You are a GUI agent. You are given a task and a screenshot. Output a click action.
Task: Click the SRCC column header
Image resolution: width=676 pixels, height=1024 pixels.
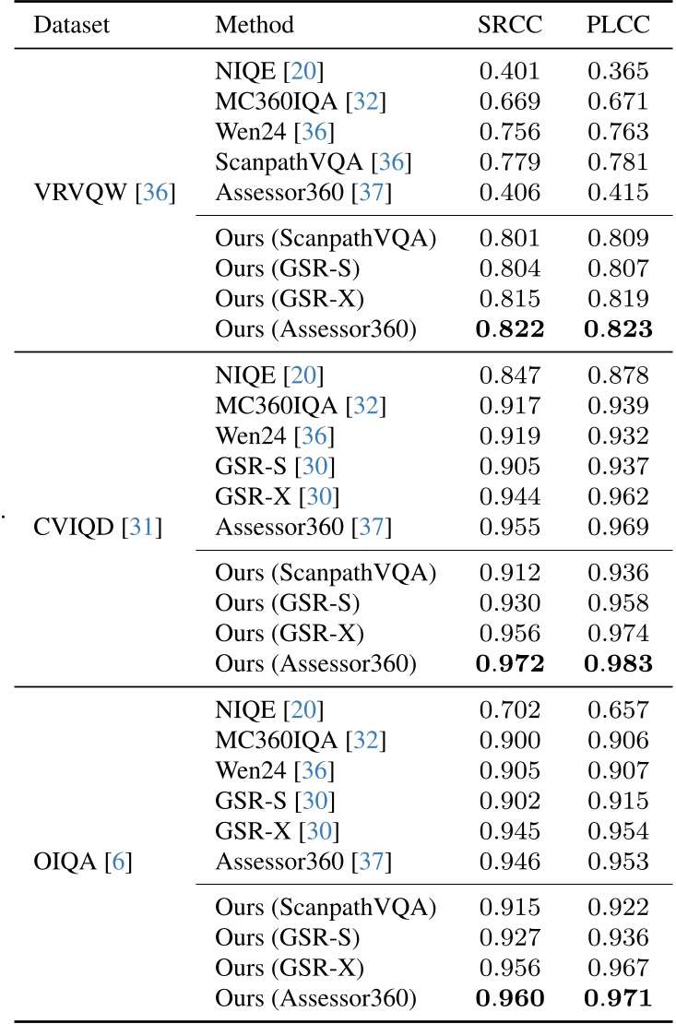(x=510, y=25)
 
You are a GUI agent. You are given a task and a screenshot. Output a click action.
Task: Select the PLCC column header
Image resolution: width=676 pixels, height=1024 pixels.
(x=618, y=25)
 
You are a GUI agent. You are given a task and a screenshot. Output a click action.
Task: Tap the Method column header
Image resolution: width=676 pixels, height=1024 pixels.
(x=255, y=25)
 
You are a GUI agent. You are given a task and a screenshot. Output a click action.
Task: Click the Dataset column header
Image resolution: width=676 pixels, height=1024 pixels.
(x=71, y=25)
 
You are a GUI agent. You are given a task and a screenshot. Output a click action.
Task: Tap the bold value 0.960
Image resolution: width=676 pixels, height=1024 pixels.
(x=510, y=996)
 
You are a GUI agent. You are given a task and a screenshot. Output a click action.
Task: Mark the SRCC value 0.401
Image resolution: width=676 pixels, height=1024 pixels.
(x=510, y=69)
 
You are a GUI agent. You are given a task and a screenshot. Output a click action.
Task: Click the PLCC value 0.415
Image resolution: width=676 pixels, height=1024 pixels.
(x=618, y=194)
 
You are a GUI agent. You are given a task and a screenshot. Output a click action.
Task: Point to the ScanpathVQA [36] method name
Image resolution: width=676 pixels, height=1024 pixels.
(x=314, y=163)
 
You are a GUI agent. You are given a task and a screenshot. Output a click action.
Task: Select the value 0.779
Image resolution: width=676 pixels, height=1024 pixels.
(x=510, y=163)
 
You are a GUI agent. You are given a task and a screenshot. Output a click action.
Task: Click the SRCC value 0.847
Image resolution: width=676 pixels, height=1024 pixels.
(x=510, y=375)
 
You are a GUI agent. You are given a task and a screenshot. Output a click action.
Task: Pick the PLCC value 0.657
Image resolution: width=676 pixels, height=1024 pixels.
(x=618, y=711)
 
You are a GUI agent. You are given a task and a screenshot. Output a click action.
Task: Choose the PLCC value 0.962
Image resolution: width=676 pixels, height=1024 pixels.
(x=618, y=498)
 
